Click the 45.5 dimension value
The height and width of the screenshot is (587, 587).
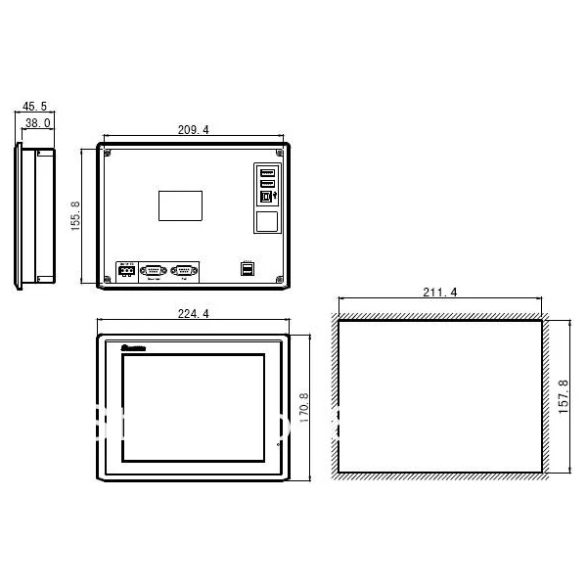click(34, 107)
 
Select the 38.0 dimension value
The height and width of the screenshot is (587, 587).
click(38, 123)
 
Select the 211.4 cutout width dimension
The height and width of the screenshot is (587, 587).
click(438, 292)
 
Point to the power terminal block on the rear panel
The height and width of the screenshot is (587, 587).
click(126, 271)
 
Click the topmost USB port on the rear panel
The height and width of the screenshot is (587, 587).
click(267, 172)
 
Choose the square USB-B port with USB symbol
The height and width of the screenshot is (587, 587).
click(267, 195)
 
